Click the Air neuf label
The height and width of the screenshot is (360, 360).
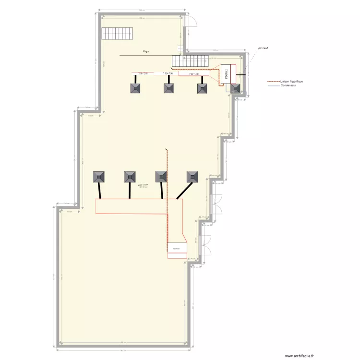tap(263, 48)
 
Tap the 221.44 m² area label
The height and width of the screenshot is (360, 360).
tap(143, 185)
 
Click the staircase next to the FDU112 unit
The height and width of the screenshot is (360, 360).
tap(191, 61)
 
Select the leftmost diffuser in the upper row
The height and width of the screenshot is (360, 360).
tap(136, 88)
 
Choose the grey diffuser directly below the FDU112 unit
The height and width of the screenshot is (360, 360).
tap(235, 88)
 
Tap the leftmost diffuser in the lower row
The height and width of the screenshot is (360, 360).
tap(99, 177)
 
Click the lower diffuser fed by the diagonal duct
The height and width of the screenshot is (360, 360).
tap(192, 177)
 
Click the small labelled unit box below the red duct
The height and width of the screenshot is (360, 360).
tap(177, 248)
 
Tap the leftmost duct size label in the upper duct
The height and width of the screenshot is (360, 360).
tap(143, 73)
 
